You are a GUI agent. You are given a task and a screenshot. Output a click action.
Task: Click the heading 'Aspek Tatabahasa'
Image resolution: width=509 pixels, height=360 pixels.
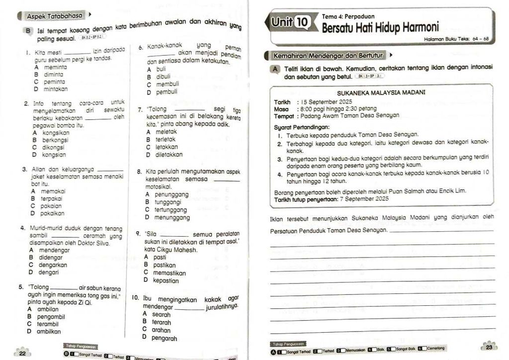point(55,16)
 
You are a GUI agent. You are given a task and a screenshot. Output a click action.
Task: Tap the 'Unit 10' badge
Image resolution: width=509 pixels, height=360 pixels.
point(291,22)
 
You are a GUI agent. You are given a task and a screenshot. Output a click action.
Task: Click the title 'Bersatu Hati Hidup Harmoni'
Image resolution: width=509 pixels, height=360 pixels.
point(380,27)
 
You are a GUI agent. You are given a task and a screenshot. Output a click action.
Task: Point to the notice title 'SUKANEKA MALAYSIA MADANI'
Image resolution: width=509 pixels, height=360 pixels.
point(380,93)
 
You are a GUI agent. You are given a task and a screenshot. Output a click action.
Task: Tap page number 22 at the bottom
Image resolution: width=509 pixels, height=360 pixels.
point(22,354)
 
